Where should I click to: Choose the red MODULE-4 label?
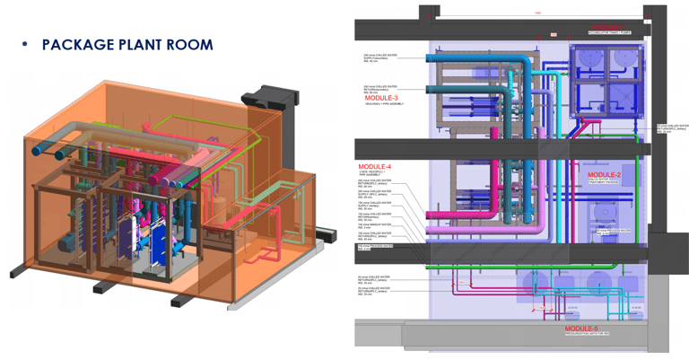(x=376, y=167)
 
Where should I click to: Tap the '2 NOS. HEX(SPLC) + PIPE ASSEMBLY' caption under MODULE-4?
(x=377, y=176)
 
